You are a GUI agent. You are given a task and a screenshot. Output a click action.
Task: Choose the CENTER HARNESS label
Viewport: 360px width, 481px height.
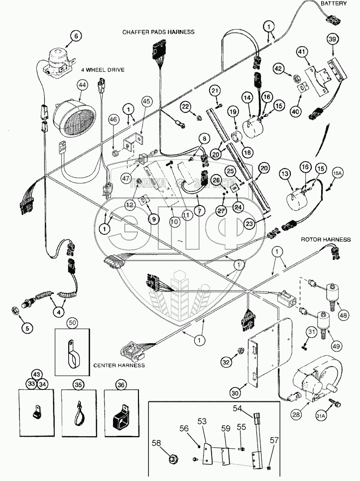click(119, 365)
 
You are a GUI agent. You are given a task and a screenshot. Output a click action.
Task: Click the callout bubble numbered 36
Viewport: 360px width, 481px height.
click(120, 384)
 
